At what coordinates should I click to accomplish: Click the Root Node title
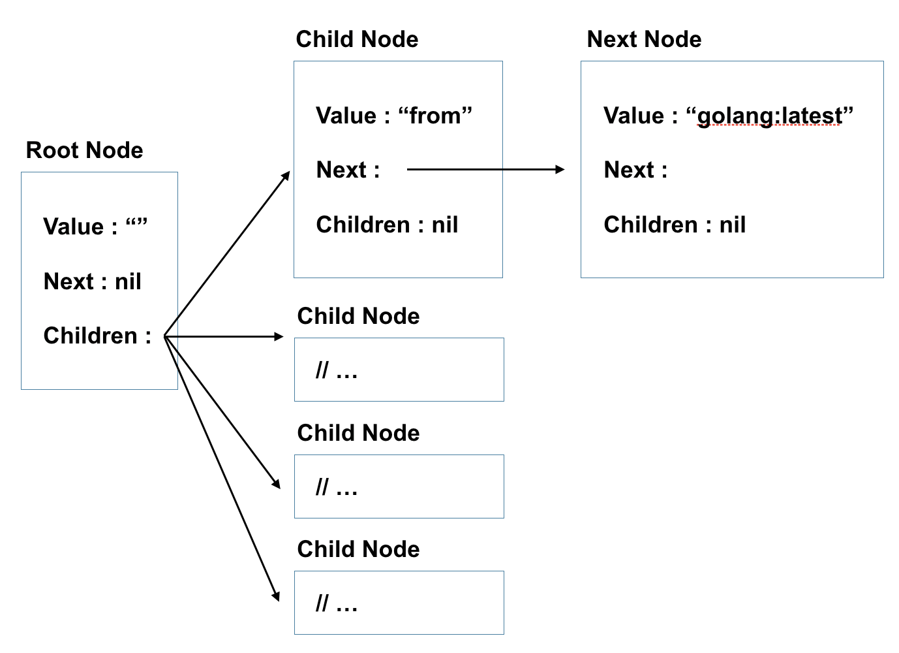[84, 150]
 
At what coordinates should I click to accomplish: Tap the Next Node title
[644, 39]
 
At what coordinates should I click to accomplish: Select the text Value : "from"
[394, 116]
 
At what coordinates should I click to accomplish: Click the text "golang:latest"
[770, 116]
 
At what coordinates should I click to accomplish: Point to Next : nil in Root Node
[92, 281]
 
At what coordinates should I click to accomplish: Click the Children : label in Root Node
[97, 336]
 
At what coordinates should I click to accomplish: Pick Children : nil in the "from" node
[387, 225]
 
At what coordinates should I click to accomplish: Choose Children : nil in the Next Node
[675, 225]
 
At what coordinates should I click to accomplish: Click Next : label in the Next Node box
[635, 170]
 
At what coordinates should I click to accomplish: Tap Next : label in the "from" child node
[348, 170]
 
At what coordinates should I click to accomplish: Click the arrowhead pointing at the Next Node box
[560, 170]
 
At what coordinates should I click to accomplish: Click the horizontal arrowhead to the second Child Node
[279, 336]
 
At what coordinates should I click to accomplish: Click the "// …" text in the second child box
[337, 371]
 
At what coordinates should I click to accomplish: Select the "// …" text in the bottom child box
[337, 604]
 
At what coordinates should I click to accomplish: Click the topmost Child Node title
[357, 39]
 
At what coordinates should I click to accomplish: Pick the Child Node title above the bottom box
[358, 549]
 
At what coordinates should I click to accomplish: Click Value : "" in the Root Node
[95, 227]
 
